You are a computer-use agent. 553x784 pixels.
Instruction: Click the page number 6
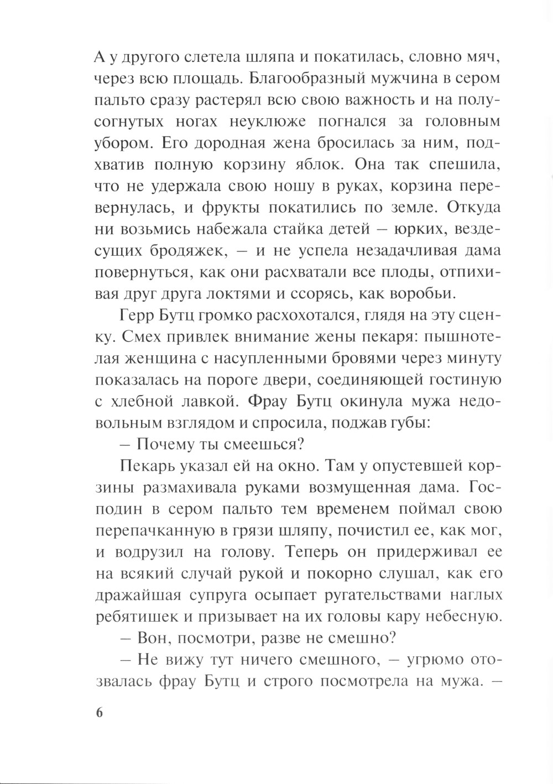pos(100,712)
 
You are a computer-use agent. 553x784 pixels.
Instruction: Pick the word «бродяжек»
pos(189,250)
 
